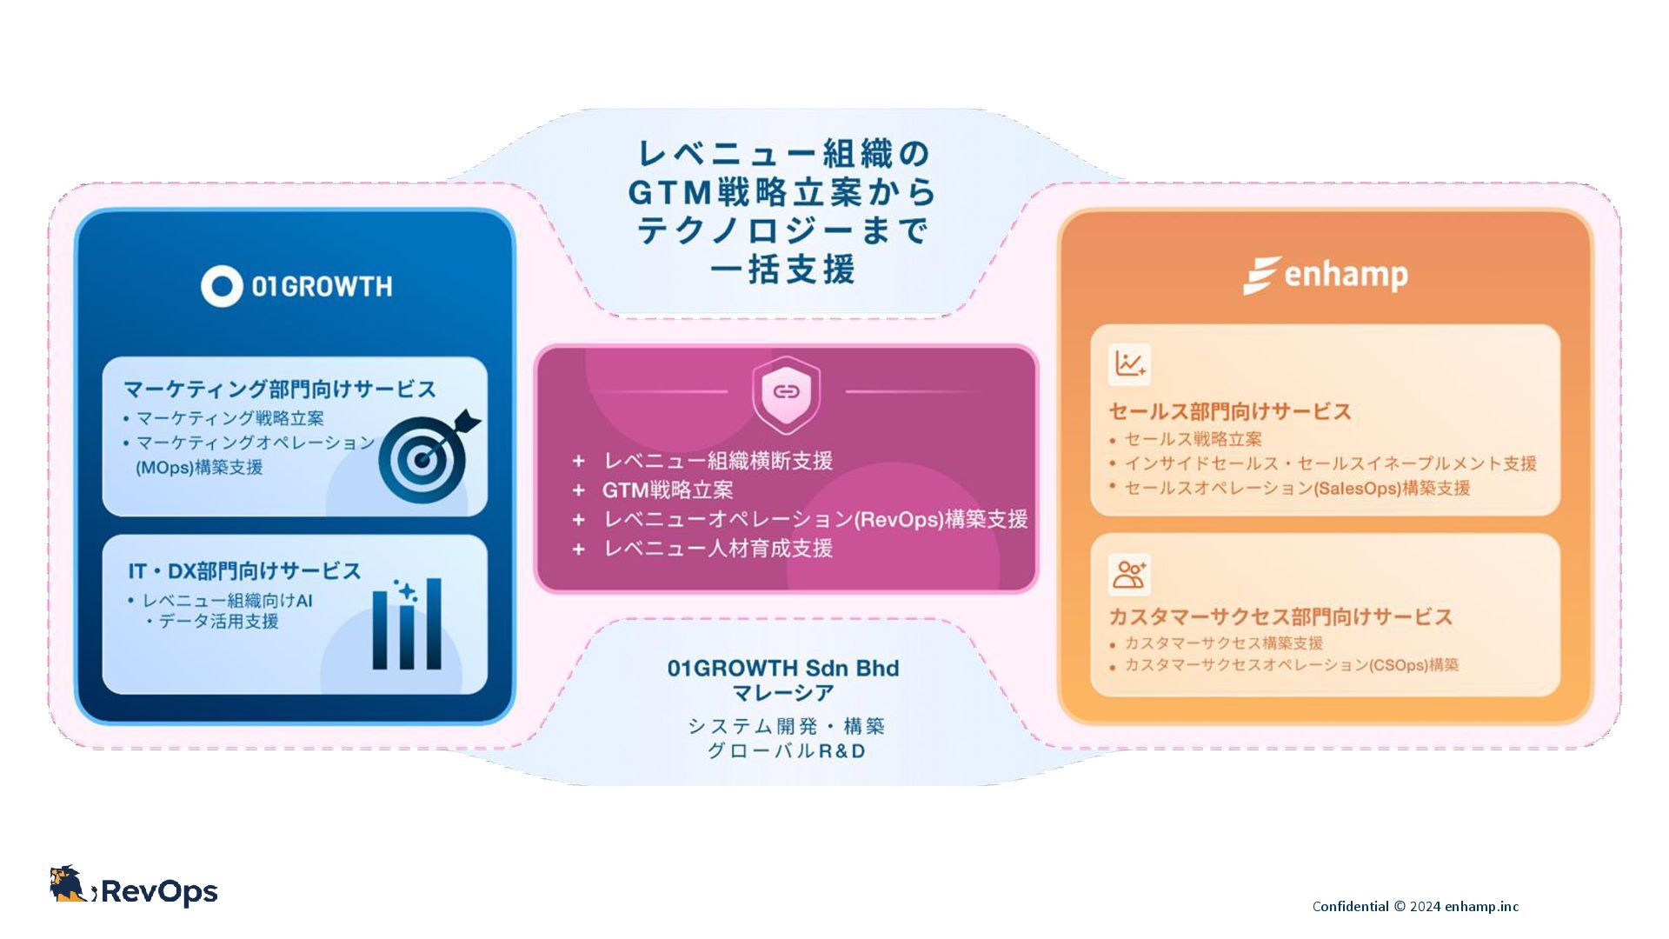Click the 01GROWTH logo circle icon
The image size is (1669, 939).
(222, 286)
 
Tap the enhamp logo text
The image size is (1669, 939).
(1345, 276)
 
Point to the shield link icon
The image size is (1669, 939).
(786, 392)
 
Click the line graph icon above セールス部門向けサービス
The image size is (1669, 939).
(1129, 364)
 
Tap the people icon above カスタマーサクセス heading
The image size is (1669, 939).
(1129, 575)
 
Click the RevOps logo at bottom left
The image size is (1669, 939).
(134, 889)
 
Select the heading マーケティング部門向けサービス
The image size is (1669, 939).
(279, 389)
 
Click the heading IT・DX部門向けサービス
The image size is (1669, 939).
(244, 571)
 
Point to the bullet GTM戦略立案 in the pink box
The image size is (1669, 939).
(668, 490)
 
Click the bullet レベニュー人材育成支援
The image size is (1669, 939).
(717, 549)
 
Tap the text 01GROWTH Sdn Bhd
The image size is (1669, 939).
(783, 668)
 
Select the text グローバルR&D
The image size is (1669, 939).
(786, 751)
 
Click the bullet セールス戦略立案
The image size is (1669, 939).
(1192, 440)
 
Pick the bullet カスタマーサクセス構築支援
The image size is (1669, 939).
(1223, 643)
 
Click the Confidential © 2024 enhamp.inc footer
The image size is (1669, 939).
(1415, 906)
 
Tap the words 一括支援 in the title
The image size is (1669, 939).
(782, 270)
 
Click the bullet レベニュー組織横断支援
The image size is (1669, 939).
(717, 461)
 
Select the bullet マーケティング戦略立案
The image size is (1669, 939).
(229, 419)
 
